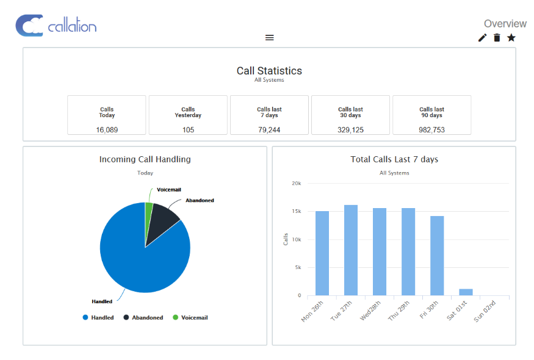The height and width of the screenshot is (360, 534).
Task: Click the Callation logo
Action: click(56, 26)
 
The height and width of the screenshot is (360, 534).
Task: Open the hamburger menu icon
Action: click(269, 38)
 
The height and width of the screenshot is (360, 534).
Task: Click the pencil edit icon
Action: click(482, 38)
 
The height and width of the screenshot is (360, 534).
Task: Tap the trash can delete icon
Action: click(497, 38)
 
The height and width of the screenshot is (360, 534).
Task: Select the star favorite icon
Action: click(511, 38)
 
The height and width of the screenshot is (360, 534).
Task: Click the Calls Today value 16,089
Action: click(107, 130)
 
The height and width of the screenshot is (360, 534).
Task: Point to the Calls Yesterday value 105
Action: click(188, 130)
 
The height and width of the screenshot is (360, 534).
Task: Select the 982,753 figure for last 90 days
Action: click(431, 130)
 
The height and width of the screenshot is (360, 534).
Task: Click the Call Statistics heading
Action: click(269, 71)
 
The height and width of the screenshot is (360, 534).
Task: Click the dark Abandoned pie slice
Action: click(163, 216)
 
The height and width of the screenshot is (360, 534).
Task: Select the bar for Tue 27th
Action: click(351, 250)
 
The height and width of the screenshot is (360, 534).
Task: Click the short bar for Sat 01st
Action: click(466, 292)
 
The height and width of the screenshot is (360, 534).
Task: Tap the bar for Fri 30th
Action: click(437, 256)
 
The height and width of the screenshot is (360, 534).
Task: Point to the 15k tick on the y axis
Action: click(295, 212)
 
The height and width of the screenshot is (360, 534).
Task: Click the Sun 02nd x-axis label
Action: click(486, 310)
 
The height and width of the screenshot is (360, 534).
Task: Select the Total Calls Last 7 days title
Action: click(394, 159)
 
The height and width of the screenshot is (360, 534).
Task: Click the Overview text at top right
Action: click(505, 24)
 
